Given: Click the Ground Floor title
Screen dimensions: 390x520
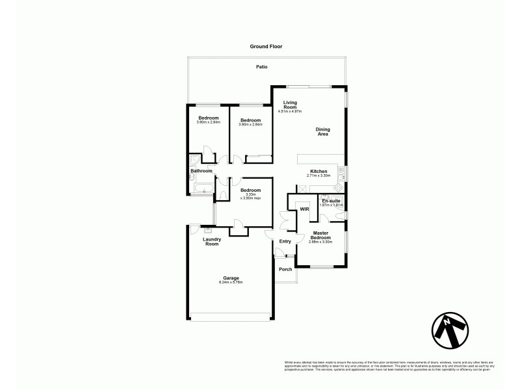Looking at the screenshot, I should point(266,47).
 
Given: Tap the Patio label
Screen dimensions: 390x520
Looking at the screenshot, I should point(261,67).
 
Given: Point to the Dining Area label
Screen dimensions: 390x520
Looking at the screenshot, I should point(322,132).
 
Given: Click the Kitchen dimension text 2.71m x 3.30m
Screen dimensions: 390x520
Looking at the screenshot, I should point(318,175).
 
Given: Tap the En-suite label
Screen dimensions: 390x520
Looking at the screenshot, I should point(331,201).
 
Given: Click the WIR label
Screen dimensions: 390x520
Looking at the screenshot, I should point(304,209).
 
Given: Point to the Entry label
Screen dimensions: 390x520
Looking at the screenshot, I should point(285,242).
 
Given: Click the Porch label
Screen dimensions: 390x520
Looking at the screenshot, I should point(285,269).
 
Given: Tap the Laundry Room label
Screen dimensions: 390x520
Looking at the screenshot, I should point(212,241).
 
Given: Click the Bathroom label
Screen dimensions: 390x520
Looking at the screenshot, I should point(201,171).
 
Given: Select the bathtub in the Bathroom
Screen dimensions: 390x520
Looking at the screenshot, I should point(202,190).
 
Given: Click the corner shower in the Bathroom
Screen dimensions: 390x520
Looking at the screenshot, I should point(194,160).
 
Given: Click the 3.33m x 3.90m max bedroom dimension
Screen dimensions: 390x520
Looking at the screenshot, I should point(250,197).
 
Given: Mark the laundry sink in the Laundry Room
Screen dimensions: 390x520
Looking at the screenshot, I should point(208,228).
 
